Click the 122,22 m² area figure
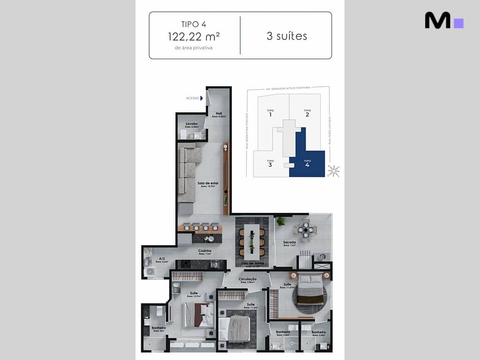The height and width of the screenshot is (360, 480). tap(194, 37)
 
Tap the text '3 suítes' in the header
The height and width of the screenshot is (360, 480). tap(287, 36)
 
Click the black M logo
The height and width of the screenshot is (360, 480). tap(438, 20)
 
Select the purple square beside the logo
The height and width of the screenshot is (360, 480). tap(459, 23)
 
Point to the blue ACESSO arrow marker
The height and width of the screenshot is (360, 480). tap(202, 98)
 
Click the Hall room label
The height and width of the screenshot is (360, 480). tap(219, 114)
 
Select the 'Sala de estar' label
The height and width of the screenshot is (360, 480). tap(208, 183)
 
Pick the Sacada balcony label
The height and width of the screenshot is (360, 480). tap(289, 243)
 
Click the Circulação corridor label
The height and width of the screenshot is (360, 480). tap(248, 279)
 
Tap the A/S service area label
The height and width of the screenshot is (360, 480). tap(161, 259)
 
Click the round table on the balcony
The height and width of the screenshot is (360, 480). tap(306, 230)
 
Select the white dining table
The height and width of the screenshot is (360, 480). tap(252, 242)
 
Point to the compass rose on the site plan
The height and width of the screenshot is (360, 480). tap(333, 171)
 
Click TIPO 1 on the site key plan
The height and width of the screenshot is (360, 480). tap(270, 113)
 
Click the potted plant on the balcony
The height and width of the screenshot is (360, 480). tap(281, 221)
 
